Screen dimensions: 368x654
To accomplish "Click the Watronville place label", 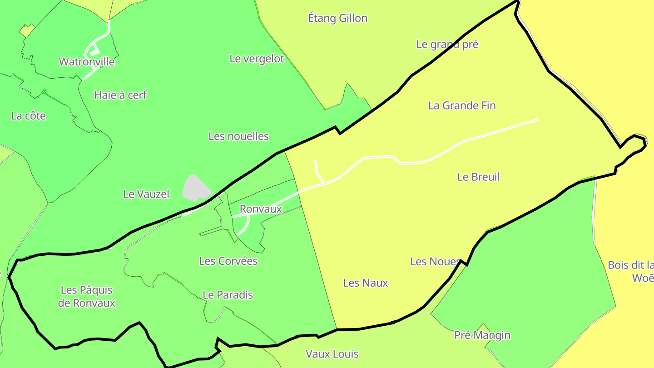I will tap(87, 62).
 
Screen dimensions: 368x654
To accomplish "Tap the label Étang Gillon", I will tap(337, 18).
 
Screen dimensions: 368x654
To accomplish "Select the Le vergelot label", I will tap(257, 59).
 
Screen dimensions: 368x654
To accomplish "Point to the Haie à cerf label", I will tap(120, 95).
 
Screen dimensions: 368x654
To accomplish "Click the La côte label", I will tap(29, 116).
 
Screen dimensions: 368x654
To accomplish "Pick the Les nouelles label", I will tap(238, 136).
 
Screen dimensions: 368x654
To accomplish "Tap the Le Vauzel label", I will tap(146, 194).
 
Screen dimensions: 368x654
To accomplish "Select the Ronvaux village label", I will tap(261, 209).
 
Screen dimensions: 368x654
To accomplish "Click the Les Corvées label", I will tap(228, 261).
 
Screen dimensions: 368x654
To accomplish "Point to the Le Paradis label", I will tap(228, 295).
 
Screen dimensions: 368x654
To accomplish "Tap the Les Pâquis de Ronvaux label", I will tap(87, 296).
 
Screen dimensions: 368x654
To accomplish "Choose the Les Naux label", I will tap(366, 283).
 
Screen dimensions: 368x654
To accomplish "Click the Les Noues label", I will tap(435, 262).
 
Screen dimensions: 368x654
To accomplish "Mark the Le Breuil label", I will tap(478, 177).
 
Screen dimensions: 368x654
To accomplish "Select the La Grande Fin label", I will tap(462, 105).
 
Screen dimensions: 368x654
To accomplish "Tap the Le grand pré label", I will tap(447, 45).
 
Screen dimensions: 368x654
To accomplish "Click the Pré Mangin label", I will tap(482, 335).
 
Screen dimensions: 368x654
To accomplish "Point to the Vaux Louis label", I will tap(332, 354).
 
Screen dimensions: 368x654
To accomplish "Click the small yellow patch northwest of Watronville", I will tap(27, 31).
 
